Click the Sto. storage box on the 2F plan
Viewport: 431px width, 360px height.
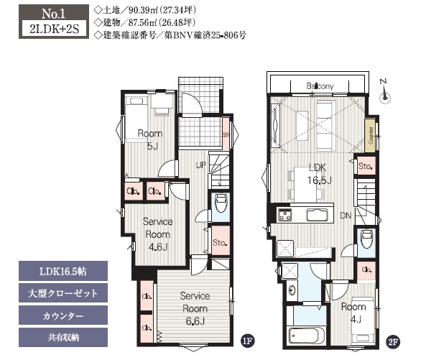coord(365,167)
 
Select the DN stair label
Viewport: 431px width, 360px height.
coord(345,215)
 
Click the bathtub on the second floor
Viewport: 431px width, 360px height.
coord(306,336)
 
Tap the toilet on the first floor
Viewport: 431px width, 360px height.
coord(221,203)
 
